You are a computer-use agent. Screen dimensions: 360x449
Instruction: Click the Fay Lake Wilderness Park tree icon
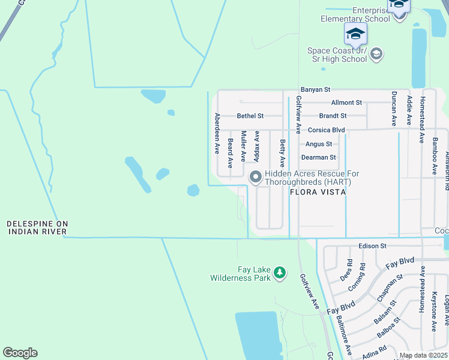(x=279, y=274)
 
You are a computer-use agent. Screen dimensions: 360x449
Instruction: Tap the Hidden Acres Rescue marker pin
(x=255, y=176)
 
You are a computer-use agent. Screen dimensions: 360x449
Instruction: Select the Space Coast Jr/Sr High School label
(x=337, y=55)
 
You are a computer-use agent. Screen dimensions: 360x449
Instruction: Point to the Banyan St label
(x=316, y=89)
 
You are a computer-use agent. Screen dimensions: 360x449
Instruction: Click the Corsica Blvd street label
(x=326, y=130)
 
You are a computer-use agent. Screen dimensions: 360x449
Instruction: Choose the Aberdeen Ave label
(x=217, y=134)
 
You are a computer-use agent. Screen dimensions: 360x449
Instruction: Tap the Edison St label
(x=372, y=245)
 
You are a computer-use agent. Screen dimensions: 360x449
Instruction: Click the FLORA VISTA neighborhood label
(x=318, y=193)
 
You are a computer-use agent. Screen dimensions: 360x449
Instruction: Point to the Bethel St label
(x=250, y=116)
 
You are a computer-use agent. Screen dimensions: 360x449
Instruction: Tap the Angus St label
(x=318, y=144)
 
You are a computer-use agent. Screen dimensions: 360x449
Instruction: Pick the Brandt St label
(x=333, y=116)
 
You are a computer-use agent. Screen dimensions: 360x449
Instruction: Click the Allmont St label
(x=346, y=103)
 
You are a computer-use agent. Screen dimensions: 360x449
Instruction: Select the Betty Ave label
(x=282, y=153)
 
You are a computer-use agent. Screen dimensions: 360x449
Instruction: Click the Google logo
(x=20, y=353)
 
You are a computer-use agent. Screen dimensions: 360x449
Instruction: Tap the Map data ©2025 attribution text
(x=423, y=355)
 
